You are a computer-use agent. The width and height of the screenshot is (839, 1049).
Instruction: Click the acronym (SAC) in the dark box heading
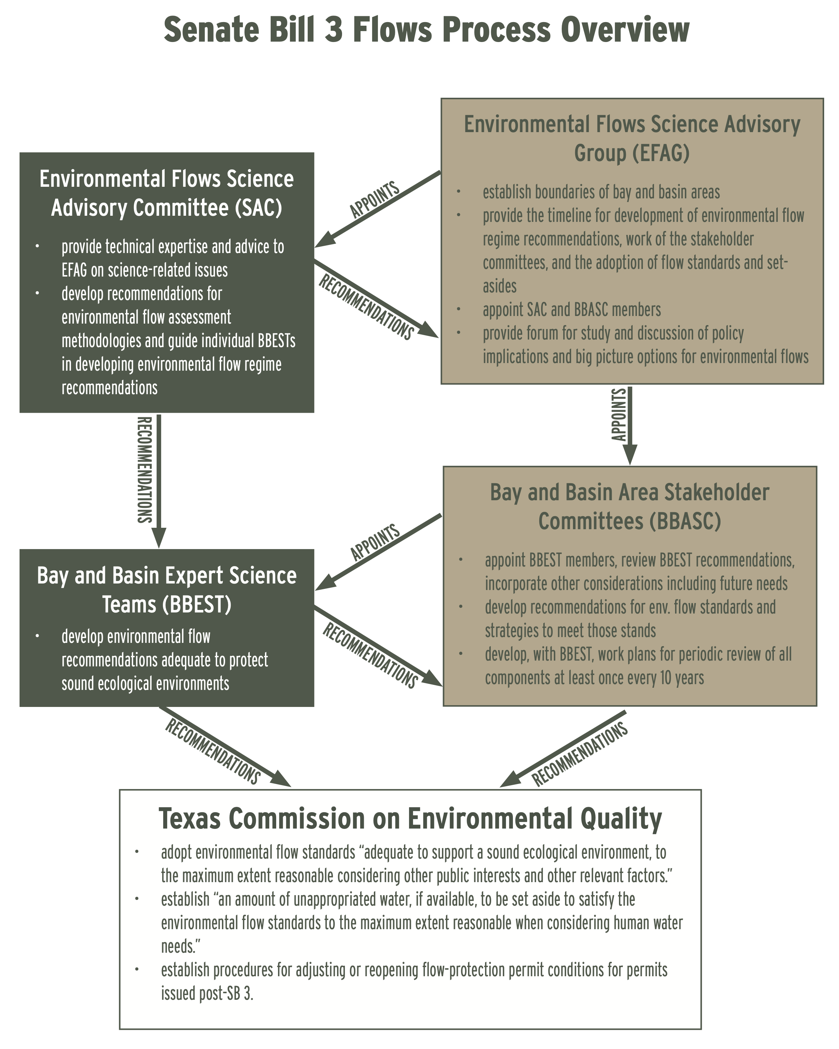[x=258, y=208]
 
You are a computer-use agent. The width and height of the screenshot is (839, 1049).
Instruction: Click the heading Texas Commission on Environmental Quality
[x=410, y=818]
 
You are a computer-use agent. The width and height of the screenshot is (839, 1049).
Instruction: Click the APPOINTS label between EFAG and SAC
[x=375, y=199]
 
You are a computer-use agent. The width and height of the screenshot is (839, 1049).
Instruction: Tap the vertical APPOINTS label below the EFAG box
[x=618, y=414]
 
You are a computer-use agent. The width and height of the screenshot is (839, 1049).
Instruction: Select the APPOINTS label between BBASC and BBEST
[x=375, y=543]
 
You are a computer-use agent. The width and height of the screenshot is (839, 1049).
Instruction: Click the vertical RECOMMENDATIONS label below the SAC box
[x=144, y=469]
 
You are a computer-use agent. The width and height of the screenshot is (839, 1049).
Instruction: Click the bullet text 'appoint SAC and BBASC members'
[x=572, y=310]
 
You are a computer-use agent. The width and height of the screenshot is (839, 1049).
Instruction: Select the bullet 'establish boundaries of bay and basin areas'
[x=601, y=192]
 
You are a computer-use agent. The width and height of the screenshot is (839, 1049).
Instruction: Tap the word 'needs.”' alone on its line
[x=181, y=946]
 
